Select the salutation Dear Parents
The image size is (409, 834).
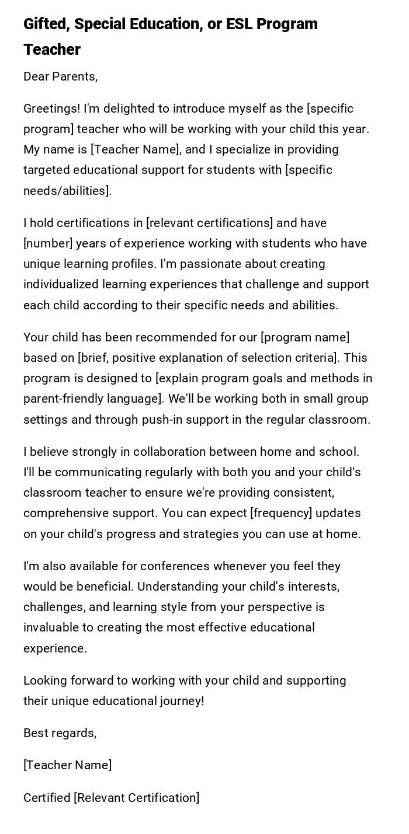coord(60,76)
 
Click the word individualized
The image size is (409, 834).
coord(61,284)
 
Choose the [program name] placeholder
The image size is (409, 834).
coord(305,337)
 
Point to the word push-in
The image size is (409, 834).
coord(161,420)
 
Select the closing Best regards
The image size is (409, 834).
coord(60,733)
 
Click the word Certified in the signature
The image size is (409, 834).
coord(46,798)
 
